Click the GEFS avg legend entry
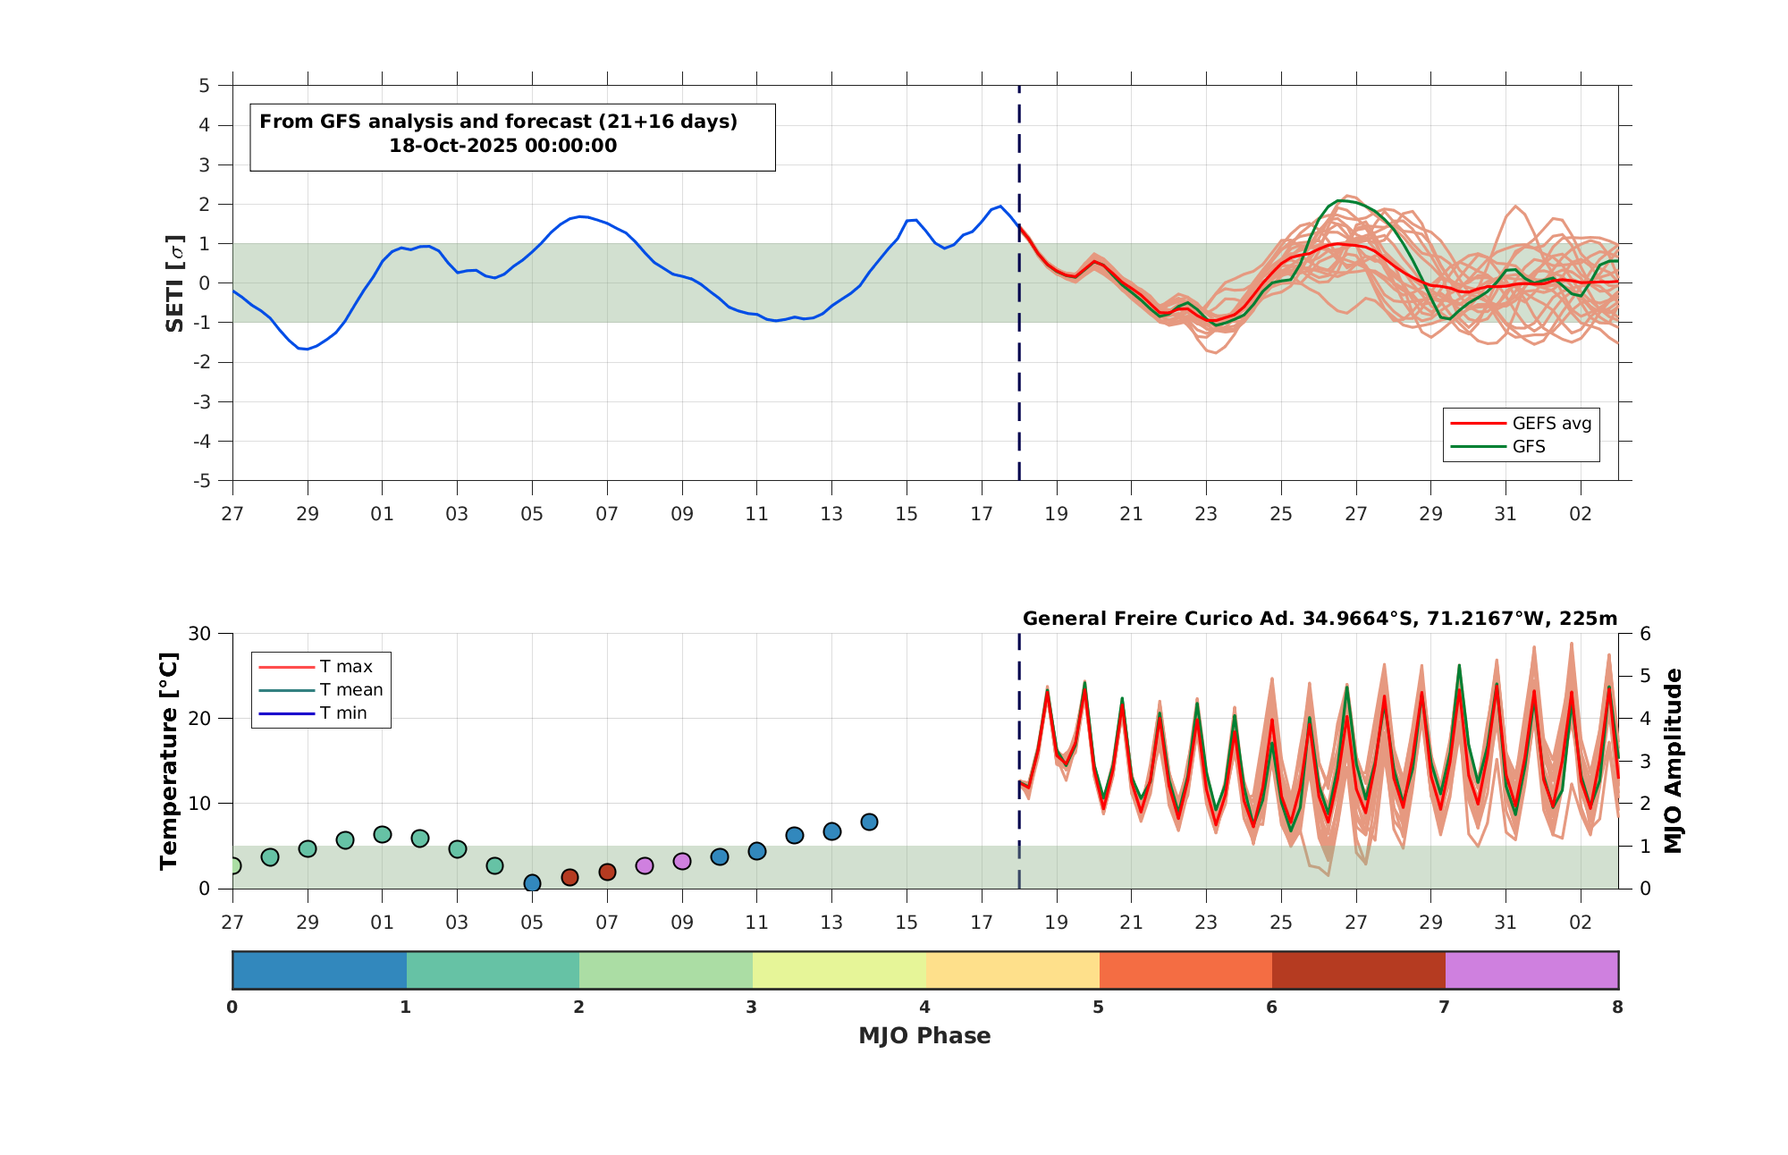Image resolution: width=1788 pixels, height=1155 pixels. pos(1521,423)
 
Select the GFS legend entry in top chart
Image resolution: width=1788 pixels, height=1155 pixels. pos(1497,446)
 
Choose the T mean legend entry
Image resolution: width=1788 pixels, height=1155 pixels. pos(321,689)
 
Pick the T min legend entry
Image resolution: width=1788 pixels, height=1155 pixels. pos(313,712)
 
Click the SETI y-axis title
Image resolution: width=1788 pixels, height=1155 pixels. pos(175,283)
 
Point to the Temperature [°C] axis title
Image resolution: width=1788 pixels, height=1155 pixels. pos(168,761)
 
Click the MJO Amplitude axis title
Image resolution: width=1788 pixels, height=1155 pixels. pos(1674,761)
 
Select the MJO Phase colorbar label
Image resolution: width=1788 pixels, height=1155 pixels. pos(924,1035)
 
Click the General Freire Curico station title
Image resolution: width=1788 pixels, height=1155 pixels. pos(1320,619)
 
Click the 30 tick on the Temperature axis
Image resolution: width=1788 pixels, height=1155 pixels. pos(199,634)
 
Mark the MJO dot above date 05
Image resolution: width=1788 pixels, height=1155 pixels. pos(532,883)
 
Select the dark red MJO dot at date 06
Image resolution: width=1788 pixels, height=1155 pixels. pos(569,877)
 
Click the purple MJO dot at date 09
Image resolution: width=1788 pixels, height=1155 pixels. pos(682,862)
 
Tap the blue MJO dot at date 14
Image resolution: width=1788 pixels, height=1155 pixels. pos(869,822)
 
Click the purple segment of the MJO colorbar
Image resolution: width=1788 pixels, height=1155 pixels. pos(1531,970)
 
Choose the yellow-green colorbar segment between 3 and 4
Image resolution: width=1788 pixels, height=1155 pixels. pos(839,970)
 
